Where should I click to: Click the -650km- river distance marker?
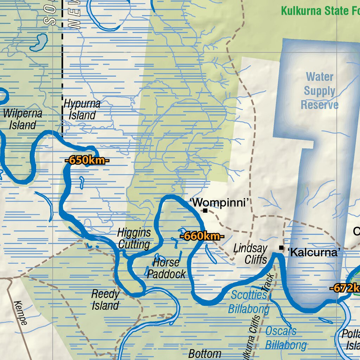(87, 161)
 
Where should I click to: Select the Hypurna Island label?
(82, 110)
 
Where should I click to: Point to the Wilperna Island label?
(22, 119)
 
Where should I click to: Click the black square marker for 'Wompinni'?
(205, 211)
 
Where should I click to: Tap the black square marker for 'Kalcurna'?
(281, 248)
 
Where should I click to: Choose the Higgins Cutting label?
(134, 238)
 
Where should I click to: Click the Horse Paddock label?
(166, 268)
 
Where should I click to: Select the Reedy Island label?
(105, 300)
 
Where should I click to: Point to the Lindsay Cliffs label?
(251, 254)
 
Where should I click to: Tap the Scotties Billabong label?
(249, 302)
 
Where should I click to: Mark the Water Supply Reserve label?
(320, 91)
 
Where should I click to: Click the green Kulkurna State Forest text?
(320, 11)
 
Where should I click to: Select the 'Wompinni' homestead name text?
(221, 203)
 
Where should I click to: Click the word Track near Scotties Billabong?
(270, 282)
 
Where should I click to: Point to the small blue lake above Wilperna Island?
(38, 42)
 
